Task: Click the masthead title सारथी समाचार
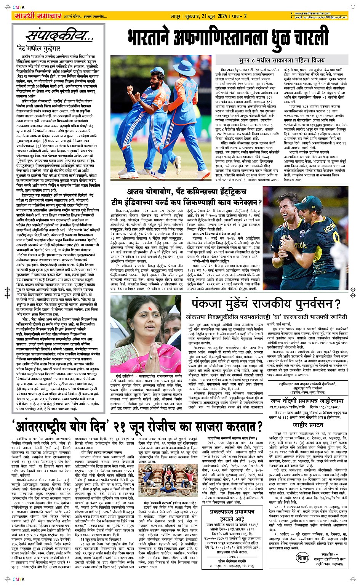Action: point(37,16)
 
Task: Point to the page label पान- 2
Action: point(239,16)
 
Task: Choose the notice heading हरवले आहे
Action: point(232,519)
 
